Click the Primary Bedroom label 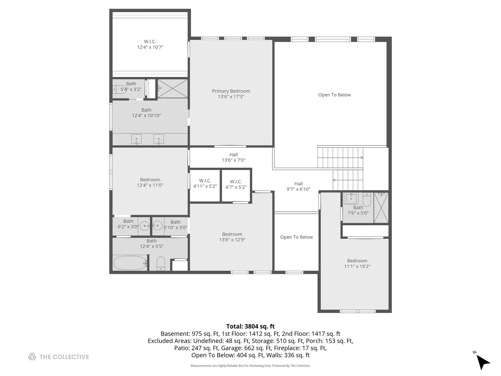[x=231, y=94]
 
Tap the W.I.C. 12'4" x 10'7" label [x=150, y=44]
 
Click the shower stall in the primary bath [x=173, y=88]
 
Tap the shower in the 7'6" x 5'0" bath [x=381, y=207]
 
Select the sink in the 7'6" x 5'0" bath [x=351, y=199]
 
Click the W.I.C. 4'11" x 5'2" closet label [x=205, y=183]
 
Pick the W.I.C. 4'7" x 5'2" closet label [x=236, y=184]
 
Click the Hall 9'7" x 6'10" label [x=299, y=186]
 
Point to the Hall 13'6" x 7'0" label [x=233, y=157]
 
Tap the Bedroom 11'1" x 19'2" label [x=357, y=264]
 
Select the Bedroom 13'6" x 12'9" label [x=232, y=237]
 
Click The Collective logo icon [x=32, y=357]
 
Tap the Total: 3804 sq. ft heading [x=250, y=326]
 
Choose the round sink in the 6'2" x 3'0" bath [x=145, y=226]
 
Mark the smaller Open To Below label [x=296, y=237]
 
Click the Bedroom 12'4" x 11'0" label [x=150, y=182]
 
